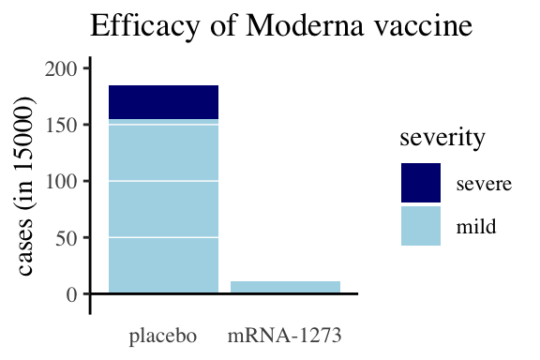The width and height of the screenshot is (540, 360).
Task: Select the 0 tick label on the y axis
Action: point(69,294)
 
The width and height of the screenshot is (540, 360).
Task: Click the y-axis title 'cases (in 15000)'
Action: point(27,181)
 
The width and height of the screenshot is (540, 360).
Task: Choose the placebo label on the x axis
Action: point(163,335)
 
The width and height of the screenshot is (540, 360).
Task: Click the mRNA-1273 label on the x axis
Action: point(284,335)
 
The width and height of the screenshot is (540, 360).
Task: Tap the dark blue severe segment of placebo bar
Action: point(163,102)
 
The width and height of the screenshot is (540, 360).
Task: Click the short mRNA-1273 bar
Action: point(285,287)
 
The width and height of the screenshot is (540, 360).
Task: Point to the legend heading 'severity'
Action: point(442,138)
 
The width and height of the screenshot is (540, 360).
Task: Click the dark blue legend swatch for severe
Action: point(421,183)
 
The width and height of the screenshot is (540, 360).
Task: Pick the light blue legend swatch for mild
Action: point(421,225)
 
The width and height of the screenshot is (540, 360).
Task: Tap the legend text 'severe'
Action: point(484,183)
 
